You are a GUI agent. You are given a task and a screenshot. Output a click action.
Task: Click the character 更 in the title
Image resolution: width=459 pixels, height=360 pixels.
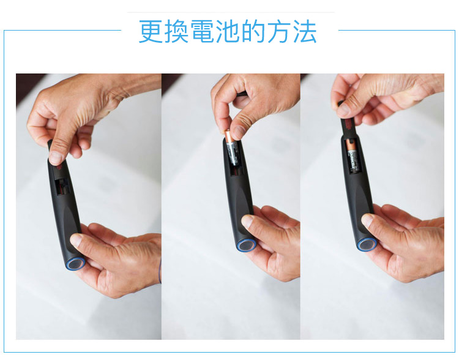click(151, 31)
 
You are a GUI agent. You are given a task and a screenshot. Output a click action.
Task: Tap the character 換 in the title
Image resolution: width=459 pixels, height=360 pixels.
click(176, 31)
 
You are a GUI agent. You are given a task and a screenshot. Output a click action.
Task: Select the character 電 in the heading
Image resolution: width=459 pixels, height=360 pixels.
click(202, 31)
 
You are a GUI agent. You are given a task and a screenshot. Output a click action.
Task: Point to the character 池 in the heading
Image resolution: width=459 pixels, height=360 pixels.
click(228, 31)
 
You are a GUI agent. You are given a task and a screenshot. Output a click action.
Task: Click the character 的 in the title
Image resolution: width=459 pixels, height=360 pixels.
click(253, 31)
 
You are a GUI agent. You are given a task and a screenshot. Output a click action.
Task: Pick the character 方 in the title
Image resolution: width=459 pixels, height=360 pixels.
click(278, 31)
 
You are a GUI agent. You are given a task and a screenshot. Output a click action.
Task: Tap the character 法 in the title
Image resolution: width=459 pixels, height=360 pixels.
click(304, 31)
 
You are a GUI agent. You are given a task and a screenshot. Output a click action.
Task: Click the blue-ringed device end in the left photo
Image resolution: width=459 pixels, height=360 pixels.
click(76, 263)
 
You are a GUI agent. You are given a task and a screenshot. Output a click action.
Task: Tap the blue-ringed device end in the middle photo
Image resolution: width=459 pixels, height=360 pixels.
click(245, 246)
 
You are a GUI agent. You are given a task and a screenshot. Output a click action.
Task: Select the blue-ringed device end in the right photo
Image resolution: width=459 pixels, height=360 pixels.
click(366, 244)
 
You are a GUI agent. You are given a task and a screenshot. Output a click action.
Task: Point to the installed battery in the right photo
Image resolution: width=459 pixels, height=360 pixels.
click(353, 156)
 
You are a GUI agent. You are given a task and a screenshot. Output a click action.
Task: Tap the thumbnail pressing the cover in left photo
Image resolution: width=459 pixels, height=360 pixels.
click(56, 157)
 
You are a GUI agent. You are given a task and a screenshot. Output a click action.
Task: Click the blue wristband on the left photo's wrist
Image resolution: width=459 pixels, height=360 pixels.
click(160, 271)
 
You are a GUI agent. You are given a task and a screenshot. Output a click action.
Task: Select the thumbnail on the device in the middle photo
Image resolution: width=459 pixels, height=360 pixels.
click(248, 220)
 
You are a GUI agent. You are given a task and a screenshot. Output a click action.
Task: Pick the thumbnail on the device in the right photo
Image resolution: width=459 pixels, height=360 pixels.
click(367, 220)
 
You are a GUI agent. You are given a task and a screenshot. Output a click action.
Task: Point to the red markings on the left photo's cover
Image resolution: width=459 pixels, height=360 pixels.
click(59, 167)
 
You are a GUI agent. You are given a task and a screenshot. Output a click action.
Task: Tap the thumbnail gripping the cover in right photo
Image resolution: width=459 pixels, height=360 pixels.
click(343, 109)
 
